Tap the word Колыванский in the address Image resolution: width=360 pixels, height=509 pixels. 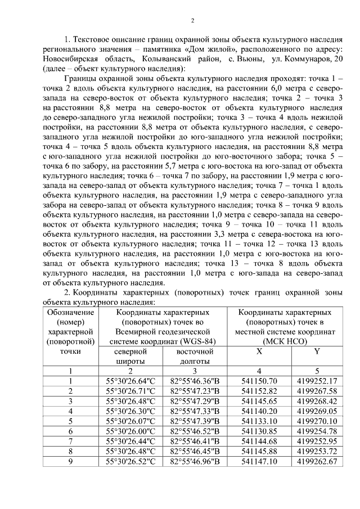click(x=155, y=58)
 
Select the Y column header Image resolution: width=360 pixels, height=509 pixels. click(x=317, y=352)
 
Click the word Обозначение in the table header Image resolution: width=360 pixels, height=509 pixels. click(x=70, y=312)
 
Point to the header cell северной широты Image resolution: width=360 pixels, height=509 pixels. click(x=130, y=355)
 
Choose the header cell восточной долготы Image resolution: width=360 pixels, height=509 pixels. click(x=194, y=355)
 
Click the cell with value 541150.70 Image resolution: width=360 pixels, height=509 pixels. click(x=256, y=381)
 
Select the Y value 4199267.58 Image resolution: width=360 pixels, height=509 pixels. click(x=317, y=391)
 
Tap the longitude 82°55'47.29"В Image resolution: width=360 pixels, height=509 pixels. click(x=194, y=401)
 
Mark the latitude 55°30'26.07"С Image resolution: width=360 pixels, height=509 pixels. click(x=130, y=421)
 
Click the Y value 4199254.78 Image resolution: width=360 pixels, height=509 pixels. click(x=317, y=431)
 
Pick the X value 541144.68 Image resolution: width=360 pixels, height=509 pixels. click(x=256, y=442)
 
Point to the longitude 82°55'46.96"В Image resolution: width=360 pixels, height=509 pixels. click(x=194, y=462)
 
